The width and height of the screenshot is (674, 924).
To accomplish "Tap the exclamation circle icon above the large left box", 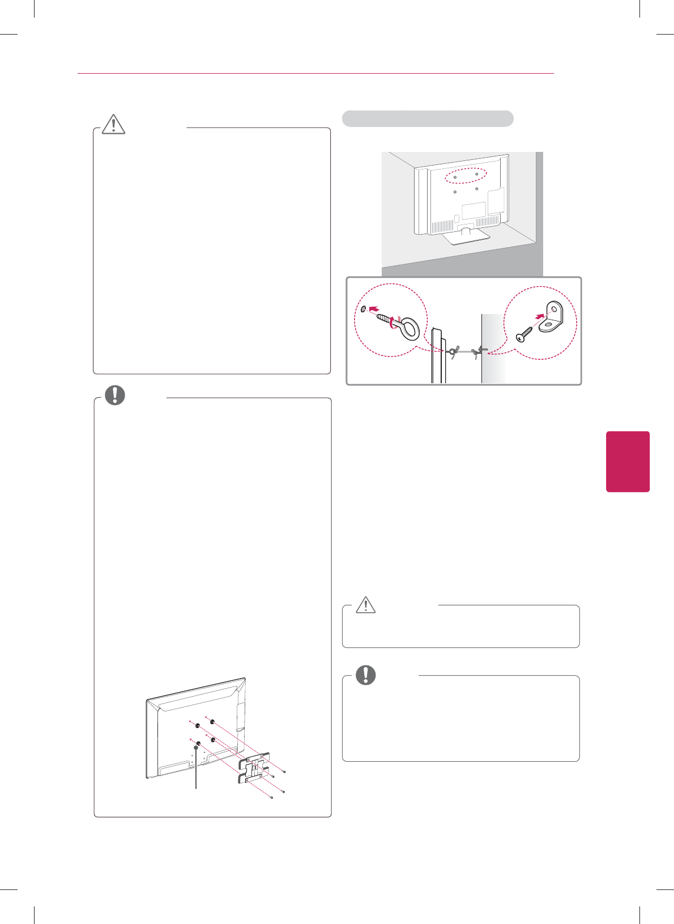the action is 115,395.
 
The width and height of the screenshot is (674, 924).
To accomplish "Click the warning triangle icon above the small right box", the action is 366,605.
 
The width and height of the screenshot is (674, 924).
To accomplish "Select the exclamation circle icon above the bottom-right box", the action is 366,675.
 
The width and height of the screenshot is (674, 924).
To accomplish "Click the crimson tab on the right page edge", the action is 628,461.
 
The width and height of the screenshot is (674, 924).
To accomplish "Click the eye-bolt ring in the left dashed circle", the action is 409,329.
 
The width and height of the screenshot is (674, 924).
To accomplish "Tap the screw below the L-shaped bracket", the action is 524,334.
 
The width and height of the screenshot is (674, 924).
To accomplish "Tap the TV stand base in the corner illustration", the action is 465,235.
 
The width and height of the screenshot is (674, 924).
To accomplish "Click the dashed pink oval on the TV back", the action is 466,176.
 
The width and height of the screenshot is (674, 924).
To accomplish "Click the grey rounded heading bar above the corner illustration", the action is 428,118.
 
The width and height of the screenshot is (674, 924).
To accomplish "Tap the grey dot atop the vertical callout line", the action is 196,748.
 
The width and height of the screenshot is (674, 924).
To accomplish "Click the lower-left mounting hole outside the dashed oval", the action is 455,192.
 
